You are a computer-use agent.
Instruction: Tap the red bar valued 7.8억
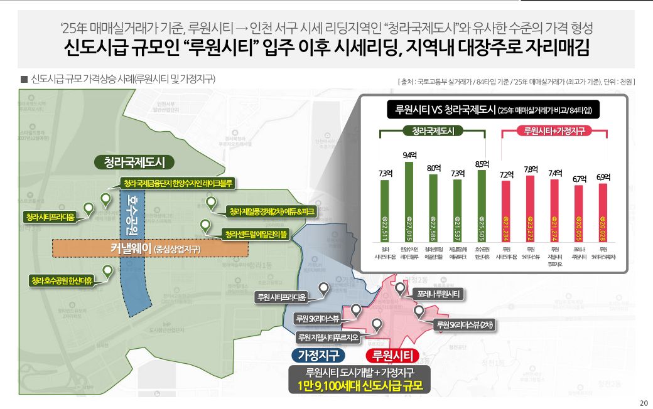pos(529,209)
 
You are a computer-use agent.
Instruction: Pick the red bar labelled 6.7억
pos(578,213)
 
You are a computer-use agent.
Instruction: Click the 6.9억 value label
pos(602,178)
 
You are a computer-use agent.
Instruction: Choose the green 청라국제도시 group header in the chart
pos(433,131)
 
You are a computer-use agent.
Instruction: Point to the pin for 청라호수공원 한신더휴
pos(108,271)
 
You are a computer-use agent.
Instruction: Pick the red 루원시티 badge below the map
pos(392,356)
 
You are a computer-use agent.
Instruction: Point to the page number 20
pos(643,403)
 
